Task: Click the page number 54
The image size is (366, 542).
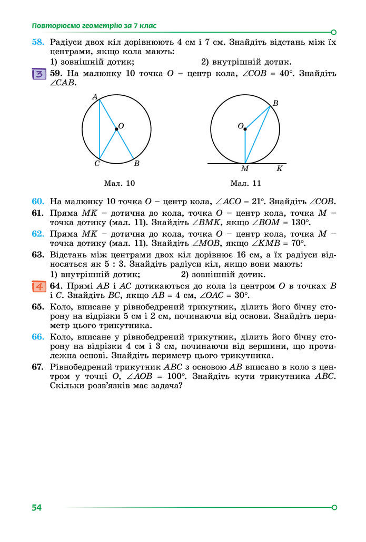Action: coord(36,507)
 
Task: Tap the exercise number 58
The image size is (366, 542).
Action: coord(37,42)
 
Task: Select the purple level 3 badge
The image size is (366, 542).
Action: coord(38,74)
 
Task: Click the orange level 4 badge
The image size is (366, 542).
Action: coord(38,286)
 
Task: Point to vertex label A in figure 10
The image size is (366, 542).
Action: coord(95,97)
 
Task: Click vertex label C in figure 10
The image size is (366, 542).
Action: coord(97,164)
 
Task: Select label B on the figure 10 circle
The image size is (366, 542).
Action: coord(136,164)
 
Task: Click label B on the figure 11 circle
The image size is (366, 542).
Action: coord(275,104)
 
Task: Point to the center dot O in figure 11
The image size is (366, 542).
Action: coord(245,128)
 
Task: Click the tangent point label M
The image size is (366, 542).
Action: coord(245,169)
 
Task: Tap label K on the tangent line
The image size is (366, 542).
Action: coord(279,169)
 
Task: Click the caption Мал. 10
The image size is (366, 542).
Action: coord(120,184)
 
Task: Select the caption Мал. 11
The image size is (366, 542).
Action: coord(245,184)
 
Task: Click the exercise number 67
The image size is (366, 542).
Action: coord(37,366)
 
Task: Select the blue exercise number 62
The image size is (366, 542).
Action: coord(37,233)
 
